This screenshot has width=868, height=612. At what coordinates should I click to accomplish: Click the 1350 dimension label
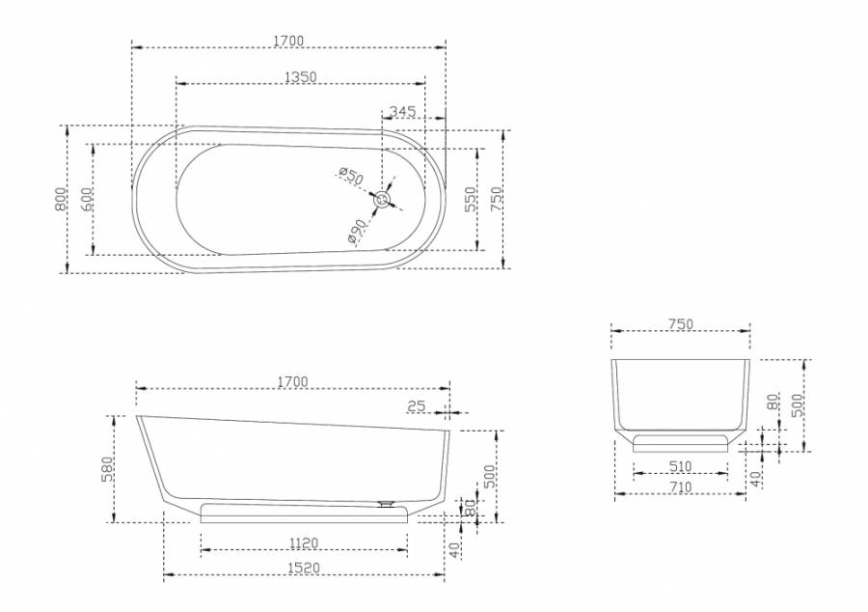tap(301, 77)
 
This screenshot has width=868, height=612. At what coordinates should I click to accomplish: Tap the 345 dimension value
tap(402, 111)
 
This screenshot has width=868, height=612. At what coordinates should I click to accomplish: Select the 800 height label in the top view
tap(61, 200)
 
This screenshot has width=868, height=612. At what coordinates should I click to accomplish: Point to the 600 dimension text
tap(87, 200)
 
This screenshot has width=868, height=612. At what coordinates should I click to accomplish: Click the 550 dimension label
tap(470, 200)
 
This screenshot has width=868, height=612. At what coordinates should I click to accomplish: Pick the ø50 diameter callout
tap(351, 176)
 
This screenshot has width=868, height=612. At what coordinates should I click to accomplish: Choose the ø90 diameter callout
tap(358, 232)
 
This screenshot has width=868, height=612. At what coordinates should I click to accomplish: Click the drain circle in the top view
tap(383, 199)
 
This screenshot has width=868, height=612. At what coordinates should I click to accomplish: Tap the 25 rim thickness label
tap(417, 406)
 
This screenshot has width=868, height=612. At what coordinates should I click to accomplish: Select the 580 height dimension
tap(107, 469)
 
